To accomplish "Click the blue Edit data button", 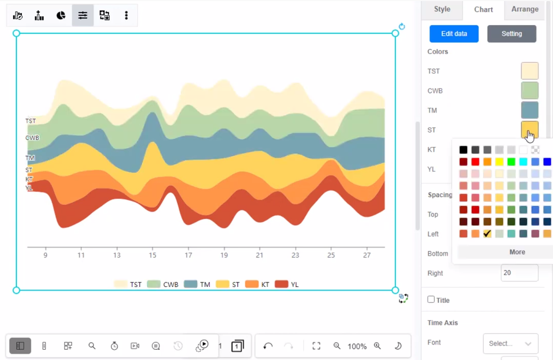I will click(454, 34).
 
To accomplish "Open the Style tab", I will click(442, 9).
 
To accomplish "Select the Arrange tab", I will click(524, 9).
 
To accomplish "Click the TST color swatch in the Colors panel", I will click(530, 71).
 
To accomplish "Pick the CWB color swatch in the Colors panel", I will click(530, 90).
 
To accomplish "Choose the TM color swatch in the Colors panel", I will click(530, 110).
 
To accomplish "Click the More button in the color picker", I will click(517, 252).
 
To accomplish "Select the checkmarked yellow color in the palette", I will click(487, 233).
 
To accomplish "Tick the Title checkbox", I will click(431, 300).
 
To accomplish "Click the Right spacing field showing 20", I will click(519, 273).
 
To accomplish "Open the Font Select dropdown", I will click(510, 344).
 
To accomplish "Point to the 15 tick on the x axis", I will click(153, 255).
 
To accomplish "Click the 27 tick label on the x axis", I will click(367, 255).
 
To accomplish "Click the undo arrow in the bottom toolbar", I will click(268, 346).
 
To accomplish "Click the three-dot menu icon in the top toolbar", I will click(126, 15).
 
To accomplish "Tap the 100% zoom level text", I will click(357, 346).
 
